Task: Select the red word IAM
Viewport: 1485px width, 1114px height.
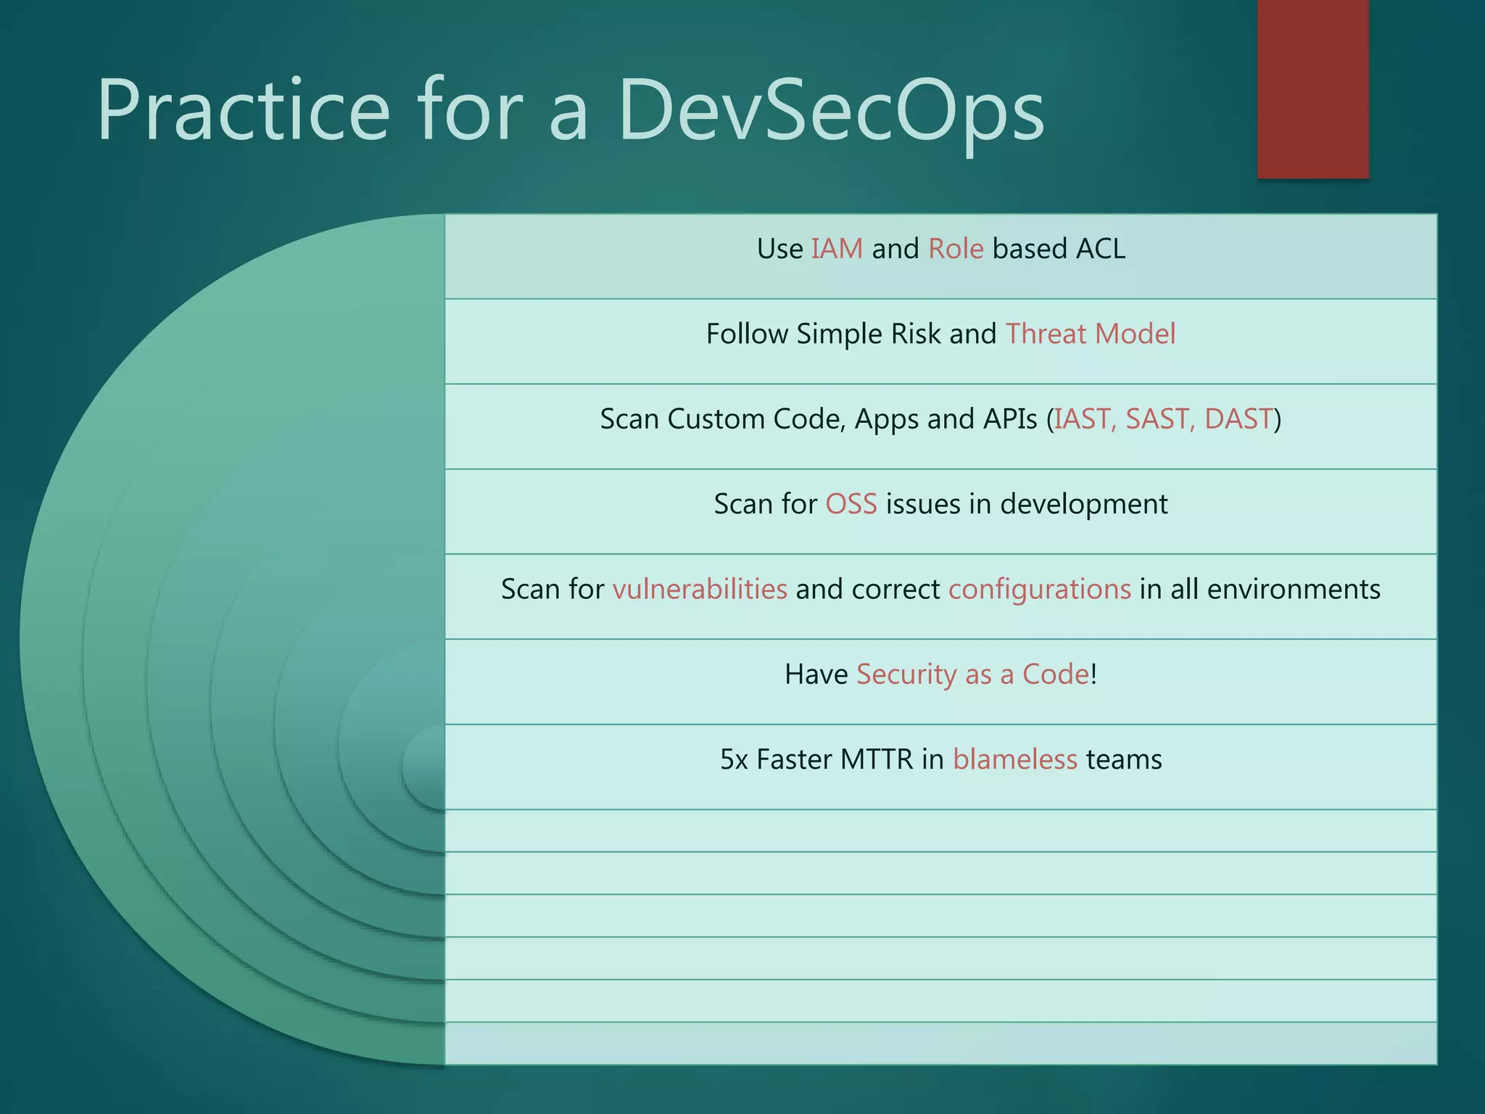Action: point(837,249)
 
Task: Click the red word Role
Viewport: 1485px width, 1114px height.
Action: point(956,249)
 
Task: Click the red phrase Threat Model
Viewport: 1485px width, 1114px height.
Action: point(1091,334)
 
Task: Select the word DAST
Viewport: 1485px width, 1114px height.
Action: point(1238,419)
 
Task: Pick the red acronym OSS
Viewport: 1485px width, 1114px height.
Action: point(851,504)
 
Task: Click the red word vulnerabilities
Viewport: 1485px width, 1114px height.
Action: point(700,589)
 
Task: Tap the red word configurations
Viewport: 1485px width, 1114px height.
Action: point(1039,589)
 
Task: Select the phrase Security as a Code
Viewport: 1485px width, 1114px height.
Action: point(972,674)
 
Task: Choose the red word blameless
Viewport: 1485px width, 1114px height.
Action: point(1014,759)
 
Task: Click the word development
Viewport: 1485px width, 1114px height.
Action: point(1083,504)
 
